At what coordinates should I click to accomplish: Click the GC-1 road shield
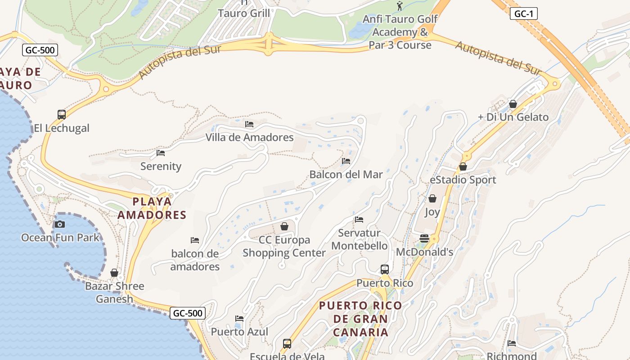click(x=523, y=14)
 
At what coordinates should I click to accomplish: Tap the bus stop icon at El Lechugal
click(x=62, y=115)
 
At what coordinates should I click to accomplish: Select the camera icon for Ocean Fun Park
click(x=59, y=224)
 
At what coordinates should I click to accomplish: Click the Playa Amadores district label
click(x=152, y=208)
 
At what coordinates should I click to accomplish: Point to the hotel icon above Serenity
click(x=161, y=153)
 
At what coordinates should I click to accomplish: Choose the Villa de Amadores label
click(x=249, y=137)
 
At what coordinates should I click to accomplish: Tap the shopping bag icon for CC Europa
click(x=284, y=226)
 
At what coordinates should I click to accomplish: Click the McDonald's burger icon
click(x=424, y=238)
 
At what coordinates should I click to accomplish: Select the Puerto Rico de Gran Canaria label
click(x=360, y=319)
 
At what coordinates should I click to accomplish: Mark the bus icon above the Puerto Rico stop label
click(x=385, y=270)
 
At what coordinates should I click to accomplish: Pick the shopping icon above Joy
click(x=432, y=198)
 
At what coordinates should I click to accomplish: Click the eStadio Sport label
click(x=463, y=180)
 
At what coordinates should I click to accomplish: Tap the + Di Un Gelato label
click(x=513, y=117)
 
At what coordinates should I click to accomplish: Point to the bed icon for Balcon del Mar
click(x=346, y=161)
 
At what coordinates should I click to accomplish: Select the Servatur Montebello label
click(x=359, y=239)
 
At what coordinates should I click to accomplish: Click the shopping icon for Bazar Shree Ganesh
click(x=114, y=273)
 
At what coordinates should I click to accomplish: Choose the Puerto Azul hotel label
click(x=239, y=332)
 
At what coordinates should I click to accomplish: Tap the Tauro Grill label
click(x=244, y=13)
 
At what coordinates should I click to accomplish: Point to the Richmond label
click(x=512, y=355)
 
